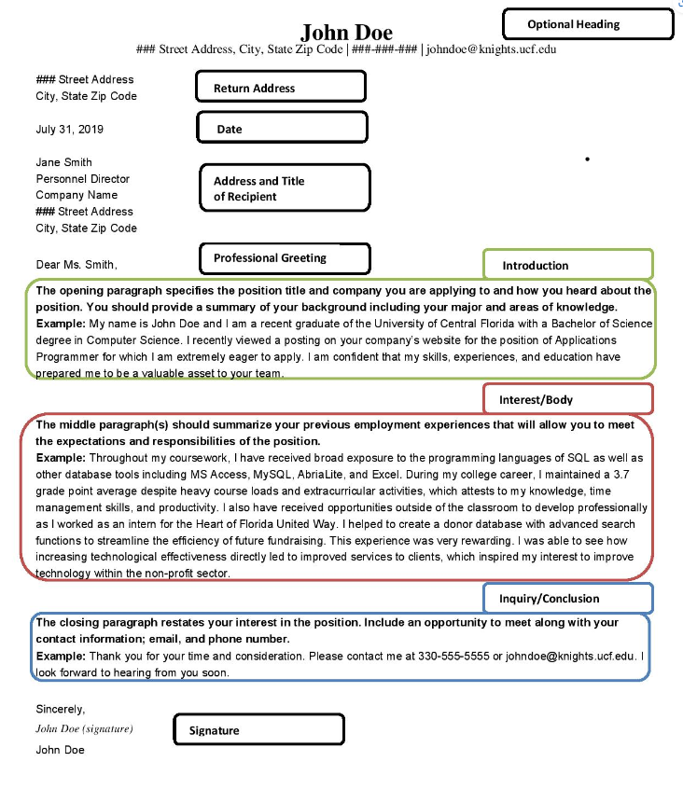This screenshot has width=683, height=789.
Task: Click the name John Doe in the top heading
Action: coord(346,33)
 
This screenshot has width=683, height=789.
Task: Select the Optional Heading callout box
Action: coord(587,24)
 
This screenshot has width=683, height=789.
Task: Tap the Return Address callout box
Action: coord(280,88)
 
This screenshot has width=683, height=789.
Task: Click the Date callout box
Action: coord(281,129)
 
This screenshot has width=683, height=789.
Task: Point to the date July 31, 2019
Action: coord(70,130)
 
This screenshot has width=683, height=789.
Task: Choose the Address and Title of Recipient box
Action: coord(285,188)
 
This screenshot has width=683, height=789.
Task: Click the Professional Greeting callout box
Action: coord(285,258)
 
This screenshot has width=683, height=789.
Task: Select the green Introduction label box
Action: coord(567,265)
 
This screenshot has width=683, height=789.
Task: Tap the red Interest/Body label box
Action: coord(567,399)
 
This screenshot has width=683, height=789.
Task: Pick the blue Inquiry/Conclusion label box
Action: coord(567,598)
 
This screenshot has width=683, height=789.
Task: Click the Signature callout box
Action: coord(258,730)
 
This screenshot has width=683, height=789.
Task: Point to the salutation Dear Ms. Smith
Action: coord(77,265)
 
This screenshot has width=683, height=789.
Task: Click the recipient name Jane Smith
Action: coord(64,162)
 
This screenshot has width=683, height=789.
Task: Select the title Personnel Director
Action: coord(83,179)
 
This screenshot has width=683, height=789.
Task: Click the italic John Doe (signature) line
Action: coord(84,729)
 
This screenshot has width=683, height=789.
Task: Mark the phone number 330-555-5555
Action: coord(453,656)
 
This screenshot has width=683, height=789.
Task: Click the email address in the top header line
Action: coord(492,49)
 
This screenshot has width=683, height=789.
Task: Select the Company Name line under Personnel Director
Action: coord(77,195)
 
